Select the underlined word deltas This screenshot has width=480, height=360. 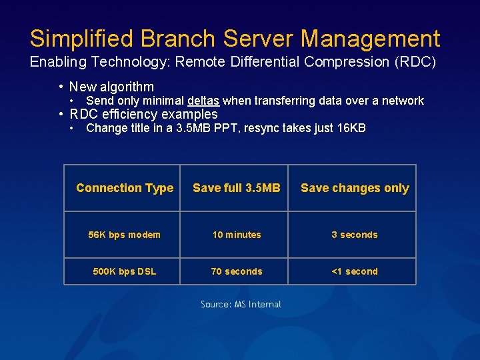(203, 101)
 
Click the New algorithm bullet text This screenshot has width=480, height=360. (111, 87)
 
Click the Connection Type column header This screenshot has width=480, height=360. (125, 188)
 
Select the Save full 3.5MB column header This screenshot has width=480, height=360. (237, 188)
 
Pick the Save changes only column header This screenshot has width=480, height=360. (355, 188)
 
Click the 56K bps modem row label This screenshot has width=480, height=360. (125, 235)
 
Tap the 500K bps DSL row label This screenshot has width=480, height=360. (125, 271)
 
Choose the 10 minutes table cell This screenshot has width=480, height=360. (237, 235)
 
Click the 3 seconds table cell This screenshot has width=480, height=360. (355, 235)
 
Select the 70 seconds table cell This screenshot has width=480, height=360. (237, 271)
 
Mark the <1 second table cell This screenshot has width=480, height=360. (355, 271)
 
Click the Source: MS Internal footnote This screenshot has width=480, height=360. (241, 305)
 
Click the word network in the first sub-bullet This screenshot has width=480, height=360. (403, 101)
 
